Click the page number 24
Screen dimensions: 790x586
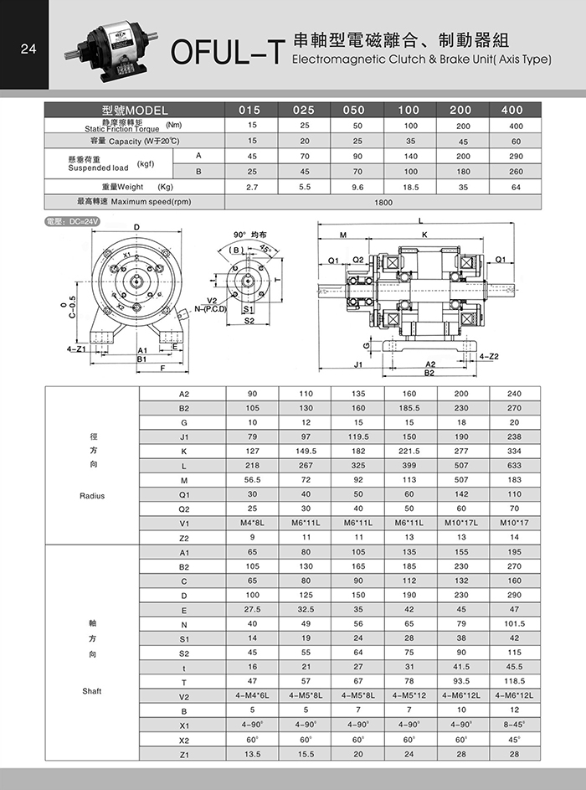coord(28,49)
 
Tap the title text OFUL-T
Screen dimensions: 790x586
coord(226,53)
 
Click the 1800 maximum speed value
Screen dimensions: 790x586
coord(383,202)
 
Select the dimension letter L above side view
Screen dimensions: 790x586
coord(420,220)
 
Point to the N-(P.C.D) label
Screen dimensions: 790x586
coord(211,307)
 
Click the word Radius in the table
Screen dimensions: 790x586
coord(92,495)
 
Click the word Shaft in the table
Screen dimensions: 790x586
coord(92,691)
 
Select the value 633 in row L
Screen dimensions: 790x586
coord(514,465)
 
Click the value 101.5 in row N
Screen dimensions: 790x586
coord(514,623)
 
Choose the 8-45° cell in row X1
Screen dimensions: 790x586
coord(514,725)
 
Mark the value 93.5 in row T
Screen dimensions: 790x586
coord(461,681)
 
